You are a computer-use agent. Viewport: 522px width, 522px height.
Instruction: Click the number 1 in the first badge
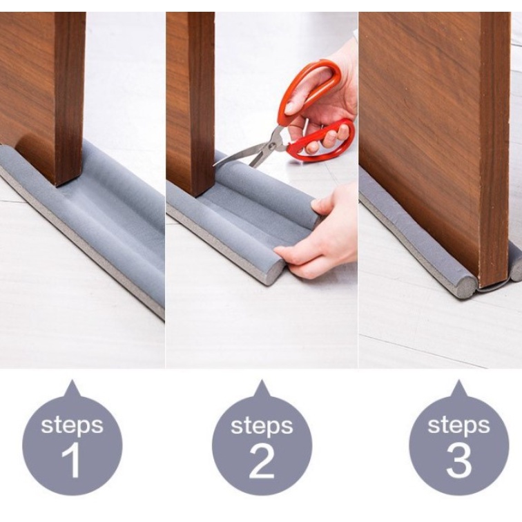[72, 461]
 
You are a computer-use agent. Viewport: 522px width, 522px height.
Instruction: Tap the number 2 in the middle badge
[262, 461]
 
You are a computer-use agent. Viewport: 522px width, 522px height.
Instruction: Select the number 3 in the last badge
[459, 461]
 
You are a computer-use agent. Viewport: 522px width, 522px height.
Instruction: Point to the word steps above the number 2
[262, 425]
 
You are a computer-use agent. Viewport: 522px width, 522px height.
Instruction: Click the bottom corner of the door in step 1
[59, 186]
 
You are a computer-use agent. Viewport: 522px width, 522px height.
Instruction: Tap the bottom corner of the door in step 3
[481, 288]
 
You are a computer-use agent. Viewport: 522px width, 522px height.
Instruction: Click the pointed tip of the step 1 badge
[72, 380]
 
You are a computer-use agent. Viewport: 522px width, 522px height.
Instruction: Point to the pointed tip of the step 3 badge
[459, 380]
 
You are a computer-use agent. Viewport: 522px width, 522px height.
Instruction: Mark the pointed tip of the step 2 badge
[262, 380]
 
